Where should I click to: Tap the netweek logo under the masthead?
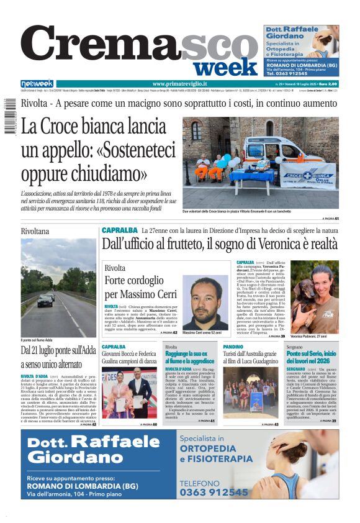click(37, 84)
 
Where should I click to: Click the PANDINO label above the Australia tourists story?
click(233, 347)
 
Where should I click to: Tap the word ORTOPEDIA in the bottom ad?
click(208, 449)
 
